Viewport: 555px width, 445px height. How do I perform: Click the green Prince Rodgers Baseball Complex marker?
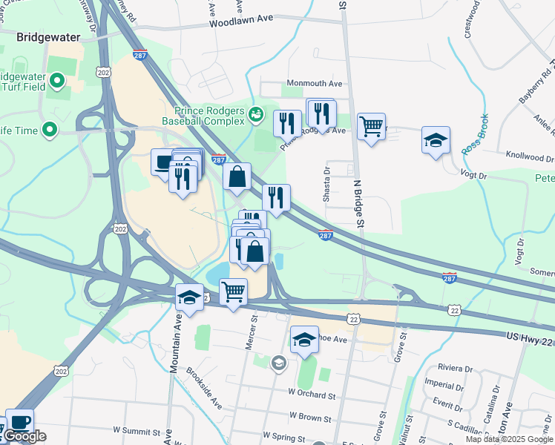point(256,113)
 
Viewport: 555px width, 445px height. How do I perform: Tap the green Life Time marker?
point(50,131)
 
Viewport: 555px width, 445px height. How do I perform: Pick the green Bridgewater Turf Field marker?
point(56,79)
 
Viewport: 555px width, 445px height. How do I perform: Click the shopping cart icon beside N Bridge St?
point(370,125)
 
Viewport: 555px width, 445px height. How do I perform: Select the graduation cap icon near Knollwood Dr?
point(435,139)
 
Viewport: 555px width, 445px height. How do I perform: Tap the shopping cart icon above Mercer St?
point(233,291)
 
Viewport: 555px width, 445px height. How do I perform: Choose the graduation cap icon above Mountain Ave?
point(189,298)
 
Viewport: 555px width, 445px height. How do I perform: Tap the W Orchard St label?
point(312,393)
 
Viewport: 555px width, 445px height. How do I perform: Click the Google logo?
point(24,436)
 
